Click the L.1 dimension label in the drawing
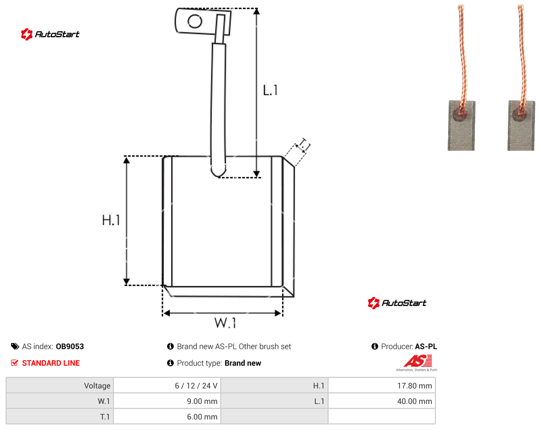(x=271, y=90)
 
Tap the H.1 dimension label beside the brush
(x=111, y=220)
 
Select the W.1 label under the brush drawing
(x=225, y=323)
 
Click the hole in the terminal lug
(x=195, y=22)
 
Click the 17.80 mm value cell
(x=382, y=386)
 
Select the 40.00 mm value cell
(x=382, y=401)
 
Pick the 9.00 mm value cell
(x=168, y=401)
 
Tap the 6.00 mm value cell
(x=168, y=417)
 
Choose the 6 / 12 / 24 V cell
(x=168, y=386)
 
